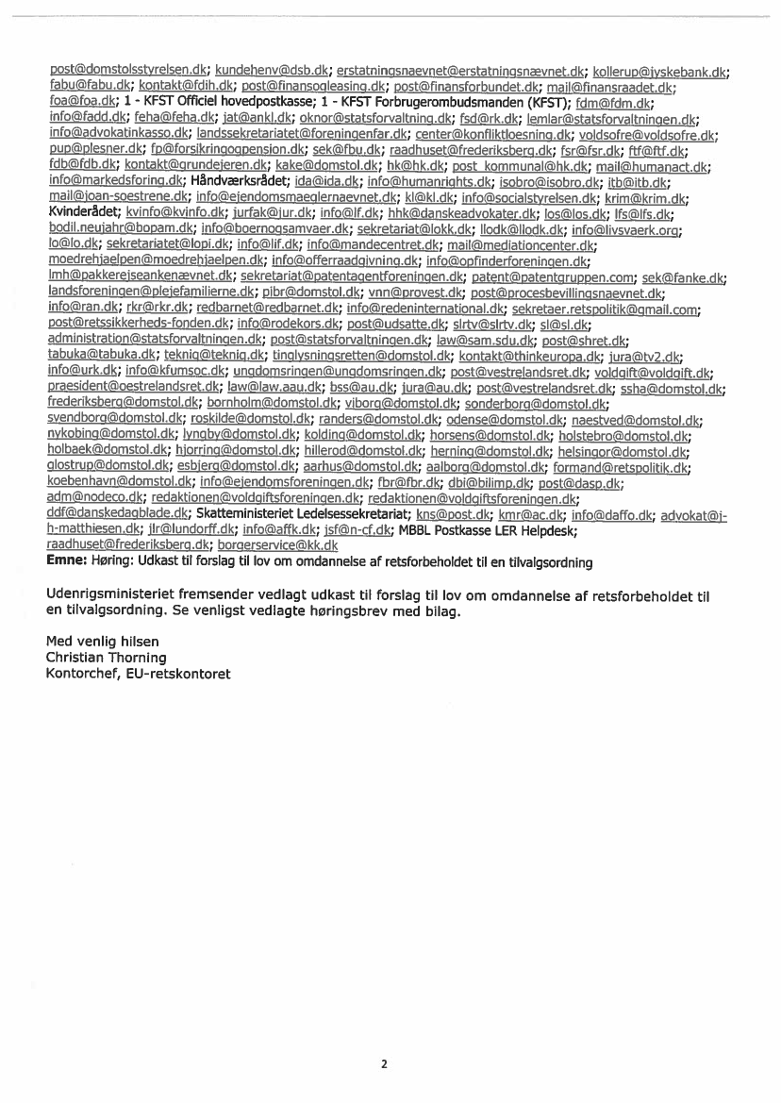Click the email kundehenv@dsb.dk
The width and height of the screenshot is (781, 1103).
273,71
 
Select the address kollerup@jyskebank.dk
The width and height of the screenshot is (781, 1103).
663,71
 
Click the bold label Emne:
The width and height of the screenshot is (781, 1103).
66,562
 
